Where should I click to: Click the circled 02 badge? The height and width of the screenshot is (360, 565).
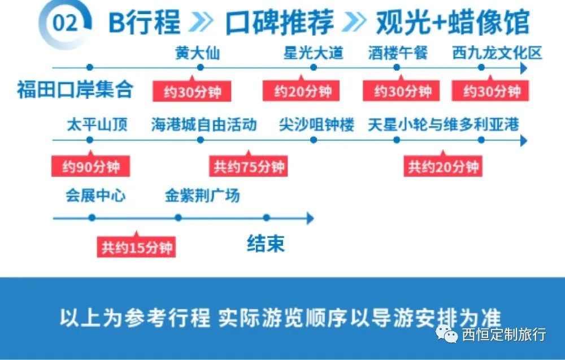[64, 23]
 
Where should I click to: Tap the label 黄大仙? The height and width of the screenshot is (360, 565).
[197, 53]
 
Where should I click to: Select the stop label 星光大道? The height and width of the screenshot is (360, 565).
[314, 53]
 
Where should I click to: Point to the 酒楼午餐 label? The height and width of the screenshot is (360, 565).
[398, 53]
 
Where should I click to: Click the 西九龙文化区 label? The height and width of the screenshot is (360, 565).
[497, 53]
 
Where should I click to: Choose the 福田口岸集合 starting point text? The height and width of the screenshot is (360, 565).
[75, 90]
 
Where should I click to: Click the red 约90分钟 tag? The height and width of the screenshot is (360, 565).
[90, 167]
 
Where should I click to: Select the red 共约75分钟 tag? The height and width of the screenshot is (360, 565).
[249, 167]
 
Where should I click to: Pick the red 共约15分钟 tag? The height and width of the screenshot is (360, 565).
[136, 247]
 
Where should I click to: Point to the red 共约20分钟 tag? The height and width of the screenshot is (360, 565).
[443, 167]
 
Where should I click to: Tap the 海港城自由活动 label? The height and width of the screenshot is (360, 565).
[204, 125]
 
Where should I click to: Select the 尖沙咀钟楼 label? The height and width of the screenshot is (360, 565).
[316, 125]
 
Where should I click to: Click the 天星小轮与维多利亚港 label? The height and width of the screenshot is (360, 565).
[443, 125]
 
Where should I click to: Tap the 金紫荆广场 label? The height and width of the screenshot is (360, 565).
[202, 196]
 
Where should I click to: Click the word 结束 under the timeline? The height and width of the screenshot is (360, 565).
[266, 244]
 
